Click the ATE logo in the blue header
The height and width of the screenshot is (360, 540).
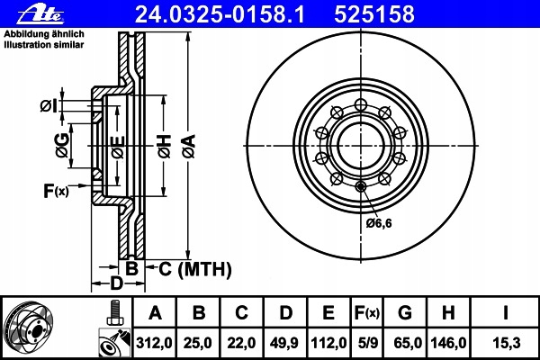pos(40,14)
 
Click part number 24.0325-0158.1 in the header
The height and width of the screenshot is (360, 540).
pos(220,14)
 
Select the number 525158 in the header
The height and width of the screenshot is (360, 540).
pos(374,14)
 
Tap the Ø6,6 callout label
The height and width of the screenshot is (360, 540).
pos(379,223)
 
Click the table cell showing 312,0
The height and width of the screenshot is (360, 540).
pos(154,343)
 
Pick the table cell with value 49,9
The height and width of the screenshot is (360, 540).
pos(284,343)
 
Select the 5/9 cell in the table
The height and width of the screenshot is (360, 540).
pos(367,343)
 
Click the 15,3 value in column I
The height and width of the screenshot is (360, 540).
pos(506,343)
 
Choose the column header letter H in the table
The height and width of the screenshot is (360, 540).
pos(448,313)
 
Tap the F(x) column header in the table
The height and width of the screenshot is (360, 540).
pos(367,313)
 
